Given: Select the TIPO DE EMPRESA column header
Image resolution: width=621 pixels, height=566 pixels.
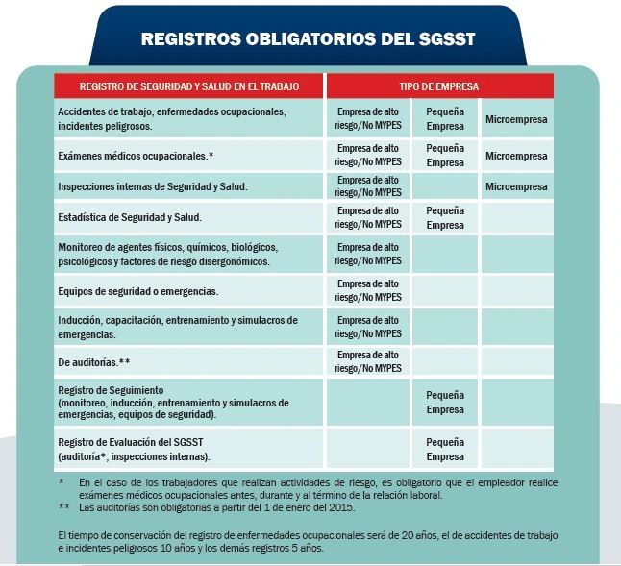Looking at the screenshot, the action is click(x=438, y=86).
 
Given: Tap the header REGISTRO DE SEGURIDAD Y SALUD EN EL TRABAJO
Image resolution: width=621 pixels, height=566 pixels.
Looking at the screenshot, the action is click(x=188, y=86).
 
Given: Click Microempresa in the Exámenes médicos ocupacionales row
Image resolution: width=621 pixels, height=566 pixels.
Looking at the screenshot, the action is click(x=516, y=156).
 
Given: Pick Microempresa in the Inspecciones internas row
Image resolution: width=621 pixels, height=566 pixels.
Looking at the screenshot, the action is click(x=516, y=186).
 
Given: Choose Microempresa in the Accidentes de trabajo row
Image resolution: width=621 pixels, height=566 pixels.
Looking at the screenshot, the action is click(x=516, y=119).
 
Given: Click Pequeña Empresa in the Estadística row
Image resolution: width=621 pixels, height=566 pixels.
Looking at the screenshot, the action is click(x=445, y=218).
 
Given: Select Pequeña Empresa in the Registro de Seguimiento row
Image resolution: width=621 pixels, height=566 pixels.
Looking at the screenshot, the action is click(x=445, y=403).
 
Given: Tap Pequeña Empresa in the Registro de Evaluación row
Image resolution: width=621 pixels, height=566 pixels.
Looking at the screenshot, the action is click(x=445, y=450).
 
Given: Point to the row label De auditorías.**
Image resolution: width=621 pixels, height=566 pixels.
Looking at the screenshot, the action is click(x=94, y=362).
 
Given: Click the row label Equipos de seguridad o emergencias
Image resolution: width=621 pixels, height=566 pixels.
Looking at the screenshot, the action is click(x=137, y=291).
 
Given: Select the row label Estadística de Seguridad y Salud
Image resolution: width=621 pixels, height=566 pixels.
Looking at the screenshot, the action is click(x=129, y=218).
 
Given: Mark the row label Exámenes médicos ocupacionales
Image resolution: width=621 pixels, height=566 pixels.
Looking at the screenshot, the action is click(x=136, y=156).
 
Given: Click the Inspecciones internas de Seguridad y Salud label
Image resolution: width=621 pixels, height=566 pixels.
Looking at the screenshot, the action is click(x=153, y=186).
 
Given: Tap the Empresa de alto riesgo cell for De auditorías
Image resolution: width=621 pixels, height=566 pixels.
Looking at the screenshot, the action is click(x=368, y=362).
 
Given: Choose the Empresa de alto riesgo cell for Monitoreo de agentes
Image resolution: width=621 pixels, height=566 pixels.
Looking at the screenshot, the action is click(x=368, y=255).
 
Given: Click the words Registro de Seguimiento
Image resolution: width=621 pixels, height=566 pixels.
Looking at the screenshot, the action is click(x=112, y=389).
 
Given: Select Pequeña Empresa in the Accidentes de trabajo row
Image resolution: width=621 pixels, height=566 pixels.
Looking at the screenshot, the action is click(x=445, y=119).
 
